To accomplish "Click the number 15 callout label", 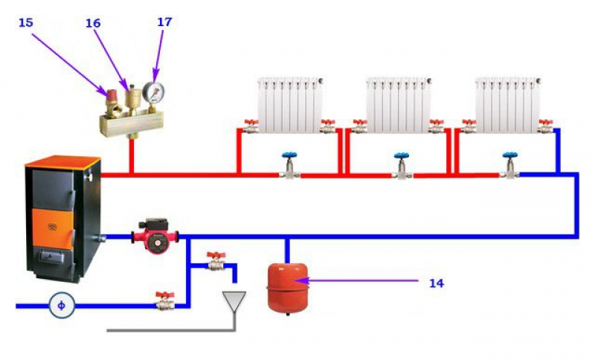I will [x=26, y=23].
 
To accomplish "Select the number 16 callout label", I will [x=92, y=23].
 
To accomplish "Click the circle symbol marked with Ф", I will [x=62, y=304].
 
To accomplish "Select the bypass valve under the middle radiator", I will [x=402, y=167].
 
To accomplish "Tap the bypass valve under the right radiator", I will [x=509, y=167].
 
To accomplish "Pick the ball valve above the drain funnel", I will [x=216, y=261].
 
